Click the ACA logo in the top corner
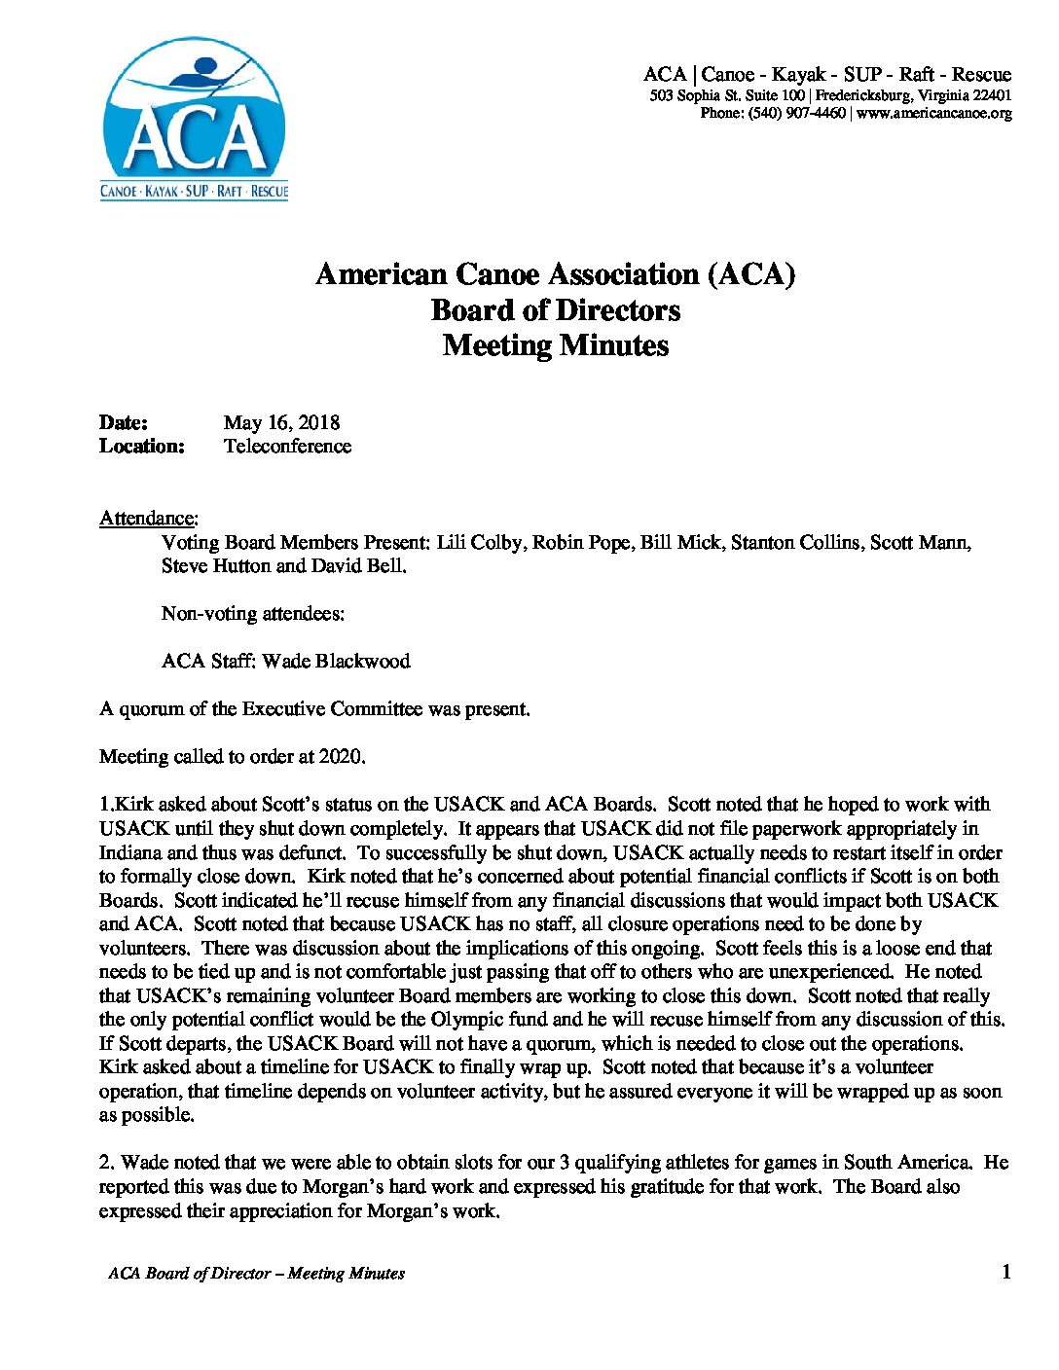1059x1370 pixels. pos(195,119)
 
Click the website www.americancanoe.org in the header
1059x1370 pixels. pos(933,113)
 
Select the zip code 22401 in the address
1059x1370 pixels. pos(992,95)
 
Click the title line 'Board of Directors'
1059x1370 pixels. pos(555,310)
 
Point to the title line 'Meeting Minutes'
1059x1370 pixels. pos(555,345)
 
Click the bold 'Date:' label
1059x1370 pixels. pos(124,422)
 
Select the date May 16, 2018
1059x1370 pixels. pos(281,422)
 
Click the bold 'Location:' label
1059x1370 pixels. pos(142,446)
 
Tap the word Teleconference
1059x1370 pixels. pos(287,446)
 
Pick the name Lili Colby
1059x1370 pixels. pos(478,542)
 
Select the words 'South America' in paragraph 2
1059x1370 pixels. pos(906,1162)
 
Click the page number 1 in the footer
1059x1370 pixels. pos(1006,1272)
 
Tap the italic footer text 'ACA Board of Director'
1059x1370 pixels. pos(189,1273)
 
